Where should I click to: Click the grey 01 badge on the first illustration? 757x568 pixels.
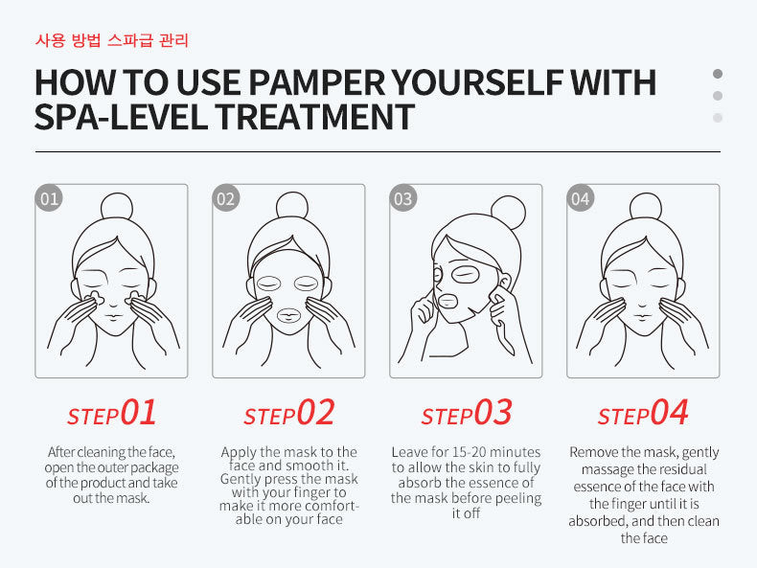point(49,198)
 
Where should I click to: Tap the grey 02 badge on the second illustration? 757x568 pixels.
point(226,198)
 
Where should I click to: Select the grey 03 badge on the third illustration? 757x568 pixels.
point(403,198)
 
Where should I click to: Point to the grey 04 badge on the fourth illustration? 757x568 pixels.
point(581,198)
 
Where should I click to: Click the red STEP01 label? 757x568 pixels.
point(111,414)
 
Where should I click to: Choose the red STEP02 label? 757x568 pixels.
point(288,414)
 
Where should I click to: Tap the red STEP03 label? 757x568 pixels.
point(467,414)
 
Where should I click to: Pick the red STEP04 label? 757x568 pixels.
point(643,414)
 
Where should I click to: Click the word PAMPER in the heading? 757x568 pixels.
point(317,82)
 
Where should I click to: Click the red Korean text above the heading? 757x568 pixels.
point(111,40)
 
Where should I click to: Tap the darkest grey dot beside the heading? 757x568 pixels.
point(718,74)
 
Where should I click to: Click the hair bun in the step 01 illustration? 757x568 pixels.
point(117,207)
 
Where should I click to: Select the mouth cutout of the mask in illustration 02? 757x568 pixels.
point(288,316)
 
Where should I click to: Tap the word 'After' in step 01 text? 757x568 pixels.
point(61,452)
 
